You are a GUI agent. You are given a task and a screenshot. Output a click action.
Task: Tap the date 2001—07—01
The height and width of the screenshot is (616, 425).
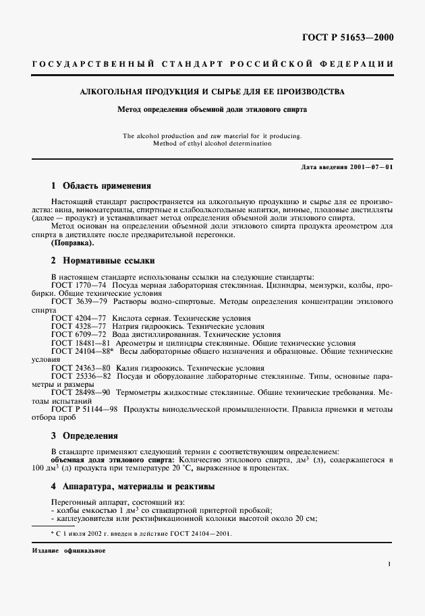(369, 166)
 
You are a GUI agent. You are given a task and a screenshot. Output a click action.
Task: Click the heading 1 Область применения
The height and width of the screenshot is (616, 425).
(101, 185)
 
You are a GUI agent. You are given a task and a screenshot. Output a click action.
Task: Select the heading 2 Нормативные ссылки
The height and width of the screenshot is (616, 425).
(103, 259)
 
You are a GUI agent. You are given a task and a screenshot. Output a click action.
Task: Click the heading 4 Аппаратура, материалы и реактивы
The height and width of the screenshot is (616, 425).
(133, 485)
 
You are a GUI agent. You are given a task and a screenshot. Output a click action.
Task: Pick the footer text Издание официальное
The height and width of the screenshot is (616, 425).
(68, 550)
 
